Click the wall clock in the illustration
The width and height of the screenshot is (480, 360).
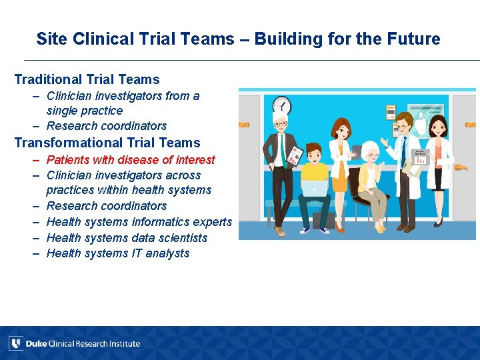[283, 105]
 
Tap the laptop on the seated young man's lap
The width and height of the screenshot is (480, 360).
[314, 189]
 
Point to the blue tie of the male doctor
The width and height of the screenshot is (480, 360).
[403, 148]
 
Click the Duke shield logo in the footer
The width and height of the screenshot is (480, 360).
[15, 343]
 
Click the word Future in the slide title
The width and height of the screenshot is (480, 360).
[417, 39]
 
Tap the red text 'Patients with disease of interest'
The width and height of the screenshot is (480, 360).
[131, 160]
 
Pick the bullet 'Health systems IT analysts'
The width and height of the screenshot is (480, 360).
[118, 253]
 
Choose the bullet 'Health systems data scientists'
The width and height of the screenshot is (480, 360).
[127, 238]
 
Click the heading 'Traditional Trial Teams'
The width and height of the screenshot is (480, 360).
[87, 79]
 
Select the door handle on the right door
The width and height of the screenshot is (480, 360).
[471, 125]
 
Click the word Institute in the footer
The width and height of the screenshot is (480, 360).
[125, 344]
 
